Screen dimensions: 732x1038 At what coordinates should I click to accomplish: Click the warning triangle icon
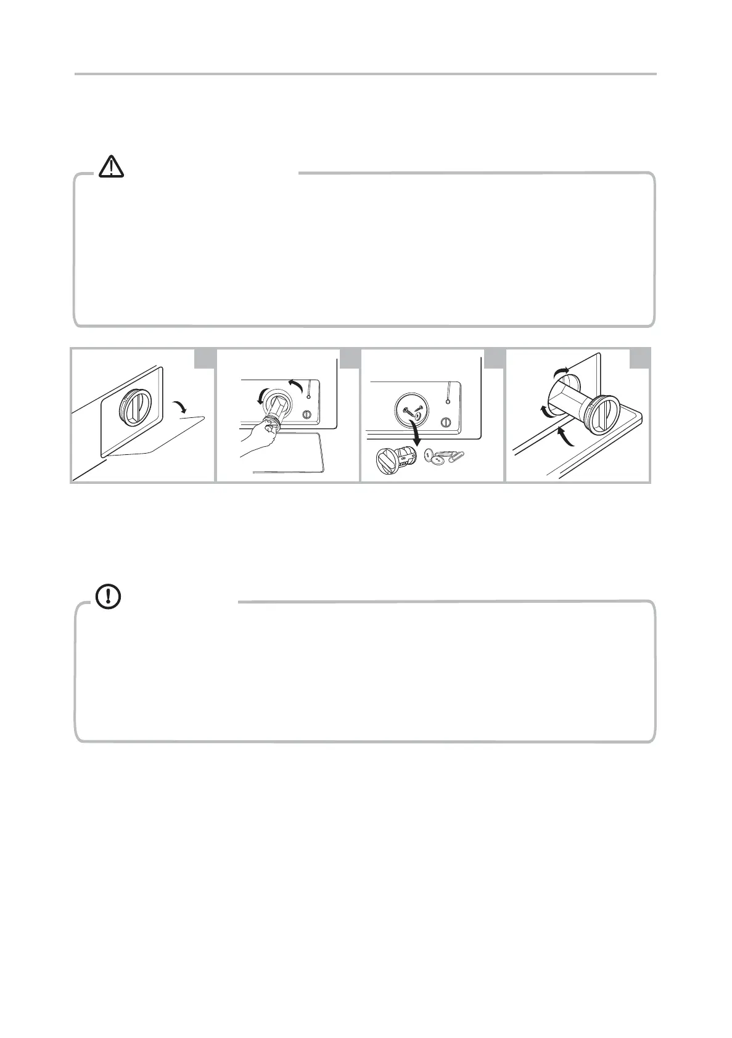pyautogui.click(x=111, y=166)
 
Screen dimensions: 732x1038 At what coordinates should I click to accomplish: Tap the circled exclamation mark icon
pyautogui.click(x=109, y=595)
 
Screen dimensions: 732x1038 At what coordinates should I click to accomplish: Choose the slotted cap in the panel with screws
pyautogui.click(x=448, y=423)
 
